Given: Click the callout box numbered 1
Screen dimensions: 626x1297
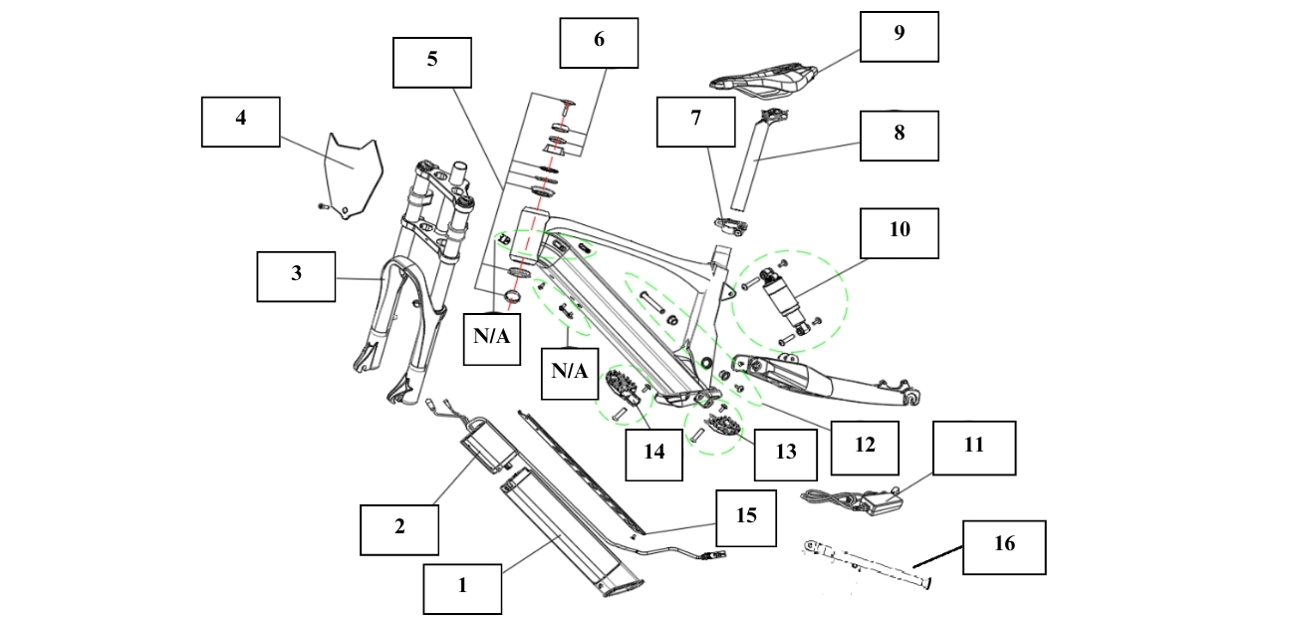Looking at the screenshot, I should pyautogui.click(x=462, y=587).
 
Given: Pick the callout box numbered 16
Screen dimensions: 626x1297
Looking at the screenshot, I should pyautogui.click(x=1004, y=546).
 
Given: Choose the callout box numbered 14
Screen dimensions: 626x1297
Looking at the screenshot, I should pyautogui.click(x=653, y=452).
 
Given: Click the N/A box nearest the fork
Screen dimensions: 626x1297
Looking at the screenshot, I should pyautogui.click(x=492, y=336).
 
